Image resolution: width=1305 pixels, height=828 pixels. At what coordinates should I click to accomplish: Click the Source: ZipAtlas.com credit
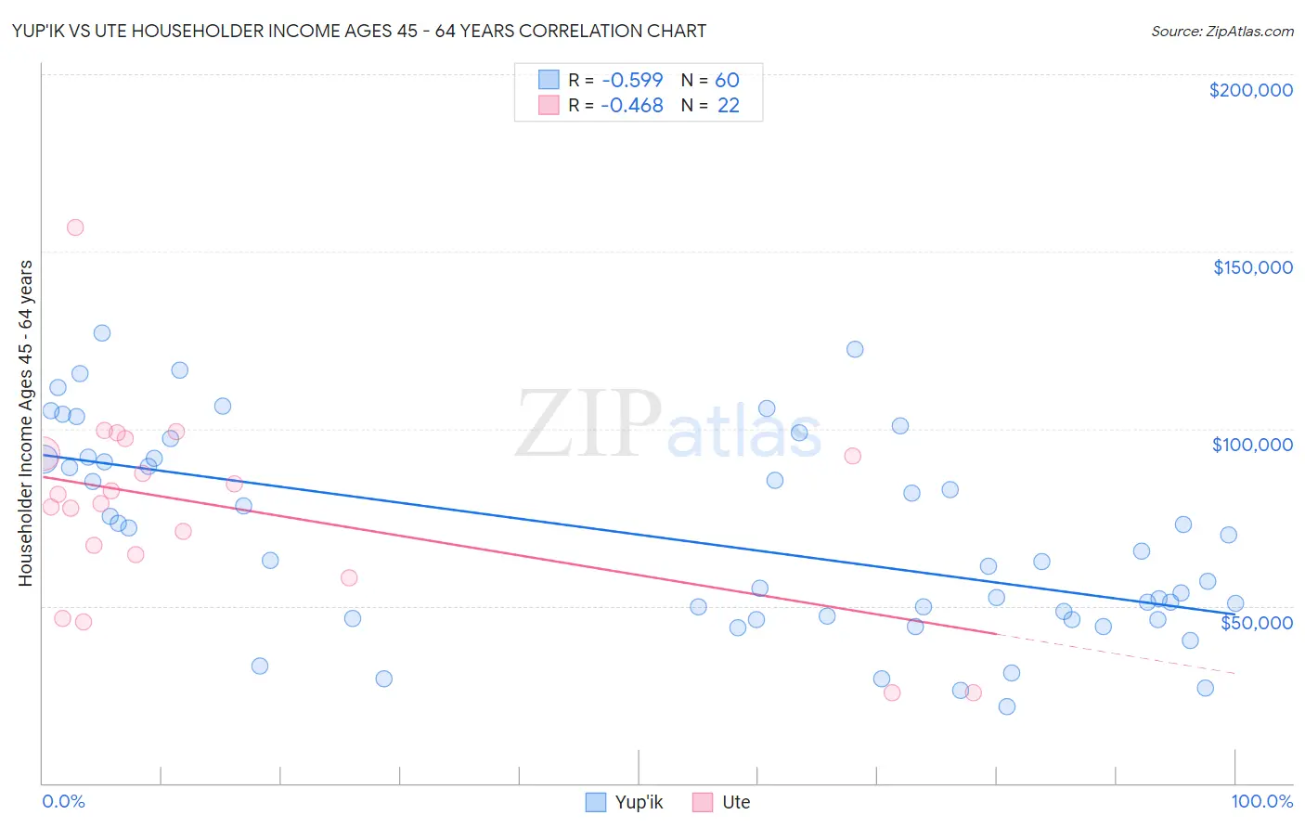(x=1221, y=31)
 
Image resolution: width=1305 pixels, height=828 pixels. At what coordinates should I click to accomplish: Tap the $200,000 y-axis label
(x=1250, y=90)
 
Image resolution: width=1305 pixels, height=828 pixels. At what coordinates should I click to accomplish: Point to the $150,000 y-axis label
(x=1252, y=267)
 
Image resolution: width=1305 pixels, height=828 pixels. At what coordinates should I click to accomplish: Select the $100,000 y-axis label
(x=1252, y=445)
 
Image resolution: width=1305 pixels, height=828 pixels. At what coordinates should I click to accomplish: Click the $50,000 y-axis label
(x=1256, y=622)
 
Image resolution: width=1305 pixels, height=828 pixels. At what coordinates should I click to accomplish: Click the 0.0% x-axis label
(x=63, y=801)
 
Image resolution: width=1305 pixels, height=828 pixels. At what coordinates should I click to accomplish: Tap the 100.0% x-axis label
(x=1261, y=801)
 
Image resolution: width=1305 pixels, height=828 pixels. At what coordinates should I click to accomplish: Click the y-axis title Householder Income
(x=25, y=422)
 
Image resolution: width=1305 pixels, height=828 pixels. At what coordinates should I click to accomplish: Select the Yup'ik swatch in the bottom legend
(x=596, y=802)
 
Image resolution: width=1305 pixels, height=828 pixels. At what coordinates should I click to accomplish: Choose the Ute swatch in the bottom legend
(x=703, y=802)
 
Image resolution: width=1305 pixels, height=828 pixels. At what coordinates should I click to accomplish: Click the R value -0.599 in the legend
(x=631, y=80)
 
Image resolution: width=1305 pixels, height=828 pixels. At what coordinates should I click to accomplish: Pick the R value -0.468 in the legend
(x=631, y=106)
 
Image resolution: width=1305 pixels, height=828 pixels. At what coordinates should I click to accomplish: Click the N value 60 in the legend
(x=727, y=80)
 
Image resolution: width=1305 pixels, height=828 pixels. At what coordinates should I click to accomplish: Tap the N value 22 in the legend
(x=728, y=106)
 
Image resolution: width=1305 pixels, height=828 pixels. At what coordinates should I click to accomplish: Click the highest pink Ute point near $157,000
(x=75, y=227)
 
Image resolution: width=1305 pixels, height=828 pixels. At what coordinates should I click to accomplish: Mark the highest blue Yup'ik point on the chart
(x=102, y=333)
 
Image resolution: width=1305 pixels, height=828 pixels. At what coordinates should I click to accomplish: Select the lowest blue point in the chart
(x=1007, y=706)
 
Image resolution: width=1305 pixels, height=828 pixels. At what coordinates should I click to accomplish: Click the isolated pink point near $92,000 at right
(x=853, y=456)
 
